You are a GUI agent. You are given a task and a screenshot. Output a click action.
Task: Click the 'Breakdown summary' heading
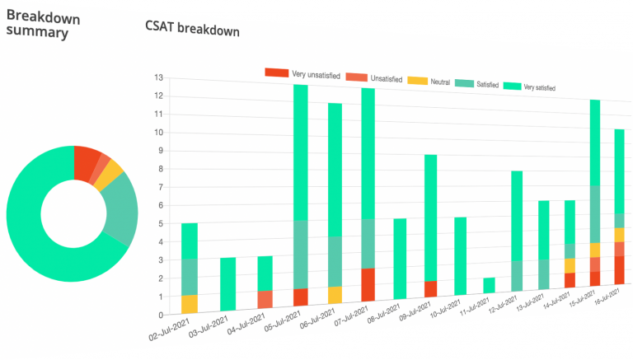[x=37, y=24]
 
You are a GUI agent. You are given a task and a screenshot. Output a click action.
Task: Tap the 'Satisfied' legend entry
[x=480, y=84]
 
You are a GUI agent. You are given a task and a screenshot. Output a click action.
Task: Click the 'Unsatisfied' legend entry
[x=374, y=78]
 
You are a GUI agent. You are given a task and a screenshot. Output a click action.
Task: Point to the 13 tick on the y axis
[x=157, y=77]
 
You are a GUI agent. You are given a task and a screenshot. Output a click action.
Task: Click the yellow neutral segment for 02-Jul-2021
[x=190, y=303]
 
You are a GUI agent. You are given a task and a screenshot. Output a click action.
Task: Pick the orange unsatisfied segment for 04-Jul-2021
[x=265, y=299]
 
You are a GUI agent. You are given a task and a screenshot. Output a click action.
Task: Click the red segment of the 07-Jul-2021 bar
[x=368, y=284]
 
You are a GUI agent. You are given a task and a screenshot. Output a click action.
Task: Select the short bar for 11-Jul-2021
[x=489, y=285]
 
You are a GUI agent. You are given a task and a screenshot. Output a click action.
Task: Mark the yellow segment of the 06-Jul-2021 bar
[x=334, y=295]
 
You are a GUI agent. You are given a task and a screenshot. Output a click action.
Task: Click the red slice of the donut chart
[x=85, y=161]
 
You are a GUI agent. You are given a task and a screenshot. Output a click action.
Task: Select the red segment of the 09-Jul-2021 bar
[x=429, y=289]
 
